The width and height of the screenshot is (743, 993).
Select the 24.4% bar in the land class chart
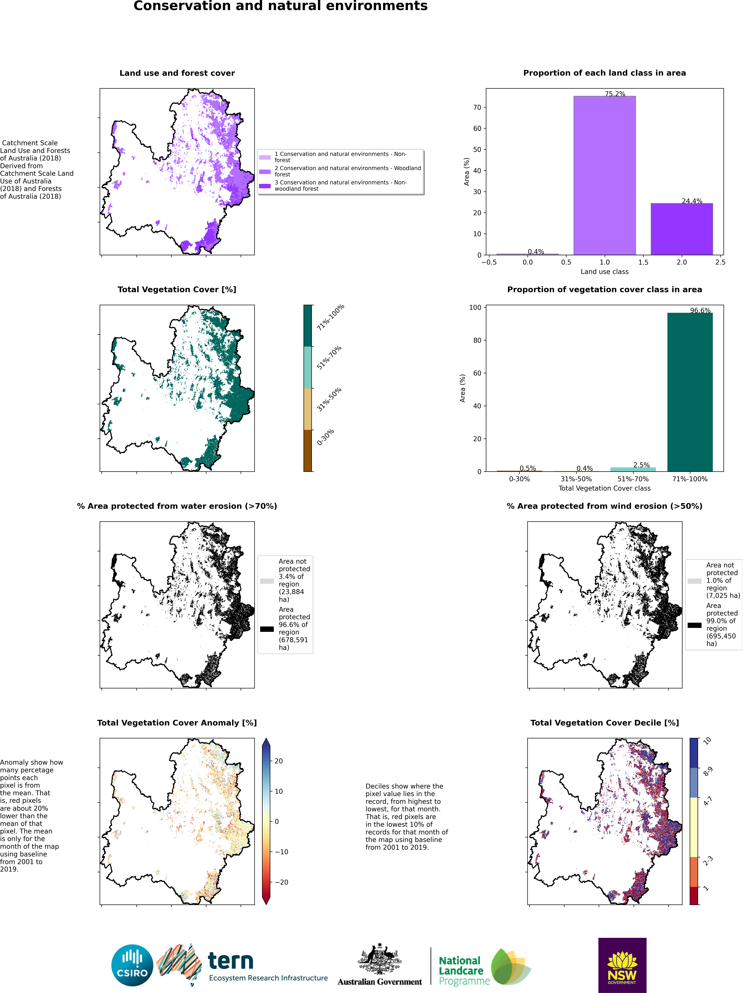tap(682, 229)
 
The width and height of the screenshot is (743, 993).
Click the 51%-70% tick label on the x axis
tap(633, 479)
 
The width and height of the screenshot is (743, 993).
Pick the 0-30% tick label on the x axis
tap(519, 479)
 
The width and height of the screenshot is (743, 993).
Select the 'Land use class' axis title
tap(604, 272)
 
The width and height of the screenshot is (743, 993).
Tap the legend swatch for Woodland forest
tap(265, 171)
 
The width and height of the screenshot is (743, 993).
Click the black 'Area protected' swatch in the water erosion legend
tap(267, 629)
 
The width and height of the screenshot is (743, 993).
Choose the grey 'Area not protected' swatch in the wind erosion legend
tap(695, 581)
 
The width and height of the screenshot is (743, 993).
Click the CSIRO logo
tap(133, 965)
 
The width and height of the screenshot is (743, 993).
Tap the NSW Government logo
tap(622, 965)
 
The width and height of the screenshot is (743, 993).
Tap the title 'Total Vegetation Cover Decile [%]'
tap(604, 723)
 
